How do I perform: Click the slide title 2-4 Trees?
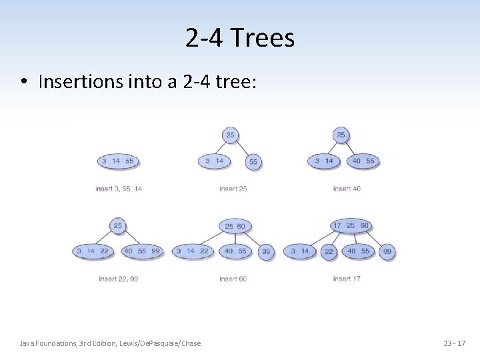240,39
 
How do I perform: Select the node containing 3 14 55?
117,161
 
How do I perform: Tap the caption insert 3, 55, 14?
119,189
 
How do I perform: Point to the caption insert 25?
233,189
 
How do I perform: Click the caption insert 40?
347,189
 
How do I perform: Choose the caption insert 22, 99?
119,279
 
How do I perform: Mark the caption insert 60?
233,279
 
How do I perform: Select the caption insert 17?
347,279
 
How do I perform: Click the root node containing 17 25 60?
351,225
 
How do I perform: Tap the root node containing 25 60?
235,226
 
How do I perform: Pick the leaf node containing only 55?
253,161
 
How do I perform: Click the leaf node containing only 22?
329,251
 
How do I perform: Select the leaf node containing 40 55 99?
142,251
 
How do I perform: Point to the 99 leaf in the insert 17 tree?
387,251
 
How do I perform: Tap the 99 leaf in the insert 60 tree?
266,251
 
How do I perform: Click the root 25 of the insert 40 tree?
341,135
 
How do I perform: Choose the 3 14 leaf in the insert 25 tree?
213,161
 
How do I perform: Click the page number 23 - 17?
455,343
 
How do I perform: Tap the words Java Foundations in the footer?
47,343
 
